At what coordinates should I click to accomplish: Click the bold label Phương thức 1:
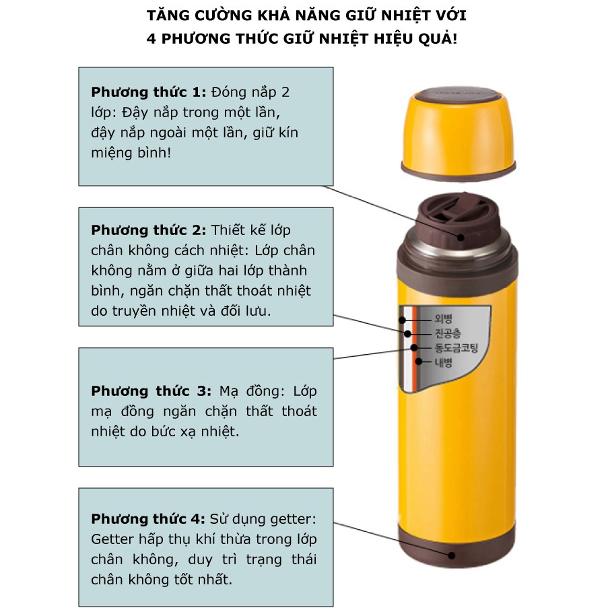(148, 93)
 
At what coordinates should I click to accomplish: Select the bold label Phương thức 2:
(148, 231)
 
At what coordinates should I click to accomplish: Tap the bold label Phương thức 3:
(151, 391)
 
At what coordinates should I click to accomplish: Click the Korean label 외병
(444, 318)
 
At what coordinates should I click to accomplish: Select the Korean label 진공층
(448, 333)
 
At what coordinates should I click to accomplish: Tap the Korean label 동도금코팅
(456, 348)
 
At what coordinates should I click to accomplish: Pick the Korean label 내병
(444, 363)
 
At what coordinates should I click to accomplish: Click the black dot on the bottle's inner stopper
(461, 237)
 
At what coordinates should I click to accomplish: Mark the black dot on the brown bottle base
(452, 555)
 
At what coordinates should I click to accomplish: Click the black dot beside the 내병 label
(418, 362)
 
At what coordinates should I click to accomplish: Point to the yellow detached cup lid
(458, 133)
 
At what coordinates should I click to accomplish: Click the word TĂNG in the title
(167, 15)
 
